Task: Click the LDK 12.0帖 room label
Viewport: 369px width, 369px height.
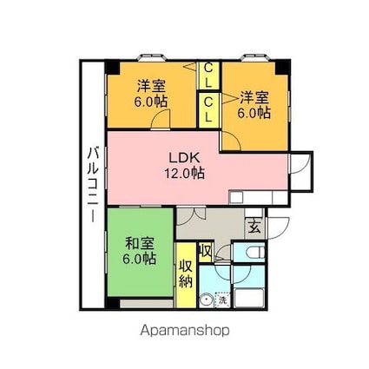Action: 185,166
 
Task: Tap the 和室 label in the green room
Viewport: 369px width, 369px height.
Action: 139,244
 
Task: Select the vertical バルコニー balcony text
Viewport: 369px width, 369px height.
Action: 94,185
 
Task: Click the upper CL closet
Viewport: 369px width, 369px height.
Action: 208,76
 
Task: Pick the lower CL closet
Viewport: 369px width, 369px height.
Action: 208,110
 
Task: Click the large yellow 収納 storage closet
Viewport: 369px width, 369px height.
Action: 186,275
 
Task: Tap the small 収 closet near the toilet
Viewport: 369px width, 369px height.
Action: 206,253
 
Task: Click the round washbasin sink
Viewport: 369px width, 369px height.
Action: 207,300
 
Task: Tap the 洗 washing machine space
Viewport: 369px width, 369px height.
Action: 222,300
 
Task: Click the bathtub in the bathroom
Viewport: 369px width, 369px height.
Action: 249,298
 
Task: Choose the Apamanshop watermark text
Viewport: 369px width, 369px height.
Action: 185,331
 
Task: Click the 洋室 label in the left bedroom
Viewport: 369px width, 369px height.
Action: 151,86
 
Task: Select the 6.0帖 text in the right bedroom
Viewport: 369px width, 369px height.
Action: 254,113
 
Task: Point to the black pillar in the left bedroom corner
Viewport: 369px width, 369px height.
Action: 113,68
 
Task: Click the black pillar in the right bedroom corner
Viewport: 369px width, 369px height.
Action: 282,68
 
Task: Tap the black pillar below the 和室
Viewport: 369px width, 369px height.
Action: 113,303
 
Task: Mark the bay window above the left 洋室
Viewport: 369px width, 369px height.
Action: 152,57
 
